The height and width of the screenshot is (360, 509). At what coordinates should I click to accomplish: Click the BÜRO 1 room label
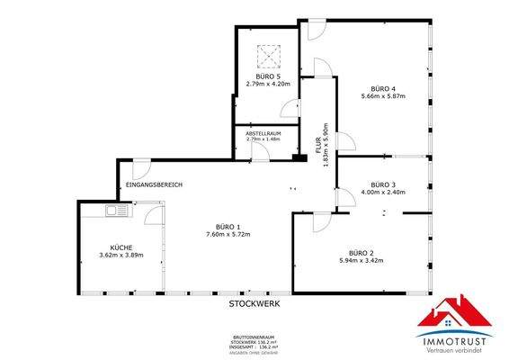pyautogui.click(x=227, y=226)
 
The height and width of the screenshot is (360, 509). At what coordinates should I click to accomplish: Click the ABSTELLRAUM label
pyautogui.click(x=263, y=132)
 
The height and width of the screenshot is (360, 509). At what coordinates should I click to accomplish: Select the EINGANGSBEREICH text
pyautogui.click(x=154, y=185)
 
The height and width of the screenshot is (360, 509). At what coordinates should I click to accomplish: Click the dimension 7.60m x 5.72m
pyautogui.click(x=227, y=235)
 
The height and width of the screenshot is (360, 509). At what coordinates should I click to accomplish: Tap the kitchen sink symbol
pyautogui.click(x=116, y=211)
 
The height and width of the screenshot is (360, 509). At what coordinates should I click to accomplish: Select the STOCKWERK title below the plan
pyautogui.click(x=254, y=305)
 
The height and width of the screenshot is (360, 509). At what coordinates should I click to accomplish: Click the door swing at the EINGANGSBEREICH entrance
pyautogui.click(x=139, y=169)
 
